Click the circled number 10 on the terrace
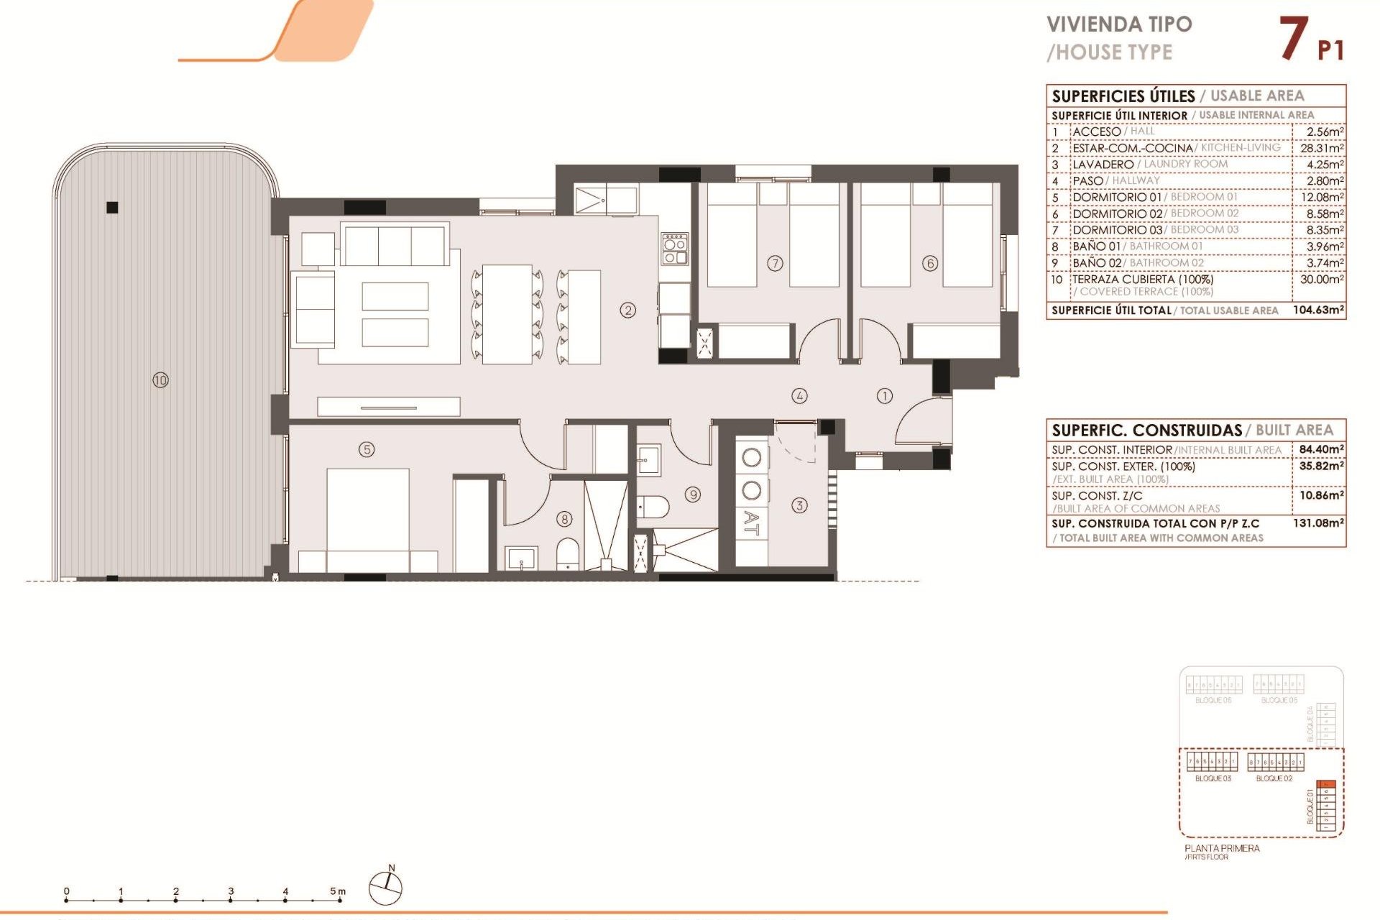[160, 379]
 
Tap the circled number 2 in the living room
[628, 310]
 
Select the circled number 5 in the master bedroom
[367, 449]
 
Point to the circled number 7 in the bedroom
[775, 263]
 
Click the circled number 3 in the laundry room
[799, 505]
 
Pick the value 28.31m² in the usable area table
[1322, 148]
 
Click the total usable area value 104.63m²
[1318, 310]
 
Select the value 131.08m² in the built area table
[1318, 523]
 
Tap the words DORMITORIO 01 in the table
[1116, 197]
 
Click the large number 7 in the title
[1293, 39]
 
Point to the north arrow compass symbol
[386, 888]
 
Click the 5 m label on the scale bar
[337, 891]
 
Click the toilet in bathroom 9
[653, 507]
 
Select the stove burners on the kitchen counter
[675, 248]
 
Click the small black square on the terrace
[112, 208]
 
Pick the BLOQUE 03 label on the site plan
[1213, 778]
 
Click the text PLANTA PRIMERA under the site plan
[1222, 848]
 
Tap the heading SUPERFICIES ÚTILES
[1123, 96]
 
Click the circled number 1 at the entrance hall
[885, 395]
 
